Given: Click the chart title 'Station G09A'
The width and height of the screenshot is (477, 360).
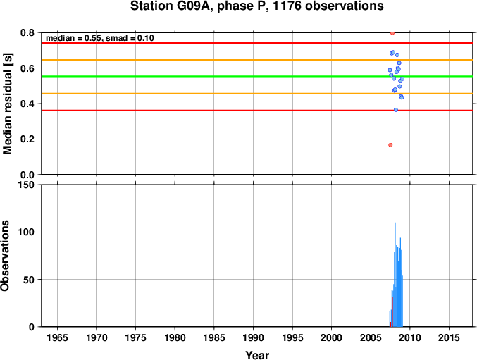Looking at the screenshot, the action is click(170, 6).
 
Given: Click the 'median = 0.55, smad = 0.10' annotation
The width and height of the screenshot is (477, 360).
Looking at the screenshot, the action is click(100, 38).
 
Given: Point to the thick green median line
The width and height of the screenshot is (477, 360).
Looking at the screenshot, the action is click(257, 77).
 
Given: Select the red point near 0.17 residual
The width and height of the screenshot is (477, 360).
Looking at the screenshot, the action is click(390, 145).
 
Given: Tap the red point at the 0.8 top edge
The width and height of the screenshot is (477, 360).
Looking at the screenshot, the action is click(392, 33).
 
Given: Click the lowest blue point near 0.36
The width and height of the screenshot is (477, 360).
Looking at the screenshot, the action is click(396, 110).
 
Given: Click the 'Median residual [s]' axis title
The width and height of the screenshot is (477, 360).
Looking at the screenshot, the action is click(7, 104).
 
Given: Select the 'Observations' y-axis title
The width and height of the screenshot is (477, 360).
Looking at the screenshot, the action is click(5, 256).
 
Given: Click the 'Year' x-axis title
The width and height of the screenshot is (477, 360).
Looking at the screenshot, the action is click(257, 355).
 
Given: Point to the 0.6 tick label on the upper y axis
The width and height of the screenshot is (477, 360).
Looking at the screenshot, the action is click(27, 68).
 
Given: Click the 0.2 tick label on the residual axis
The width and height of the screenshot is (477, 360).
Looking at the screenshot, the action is click(27, 139).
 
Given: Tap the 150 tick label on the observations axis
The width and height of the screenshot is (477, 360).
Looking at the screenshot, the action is click(27, 185).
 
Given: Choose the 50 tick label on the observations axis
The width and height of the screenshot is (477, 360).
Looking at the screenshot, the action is click(29, 280).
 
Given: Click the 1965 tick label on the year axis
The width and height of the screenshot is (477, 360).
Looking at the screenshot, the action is click(57, 337).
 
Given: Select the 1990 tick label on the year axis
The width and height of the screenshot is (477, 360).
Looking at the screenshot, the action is click(253, 337).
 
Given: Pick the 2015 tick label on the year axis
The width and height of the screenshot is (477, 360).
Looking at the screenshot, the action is click(449, 337).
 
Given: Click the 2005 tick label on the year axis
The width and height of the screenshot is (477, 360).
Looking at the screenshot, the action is click(371, 337).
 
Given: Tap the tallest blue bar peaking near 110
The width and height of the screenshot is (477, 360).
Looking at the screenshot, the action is click(395, 275).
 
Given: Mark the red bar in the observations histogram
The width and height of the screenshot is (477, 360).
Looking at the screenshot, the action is click(392, 312).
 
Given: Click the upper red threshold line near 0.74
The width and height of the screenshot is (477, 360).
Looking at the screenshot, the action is click(257, 43).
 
